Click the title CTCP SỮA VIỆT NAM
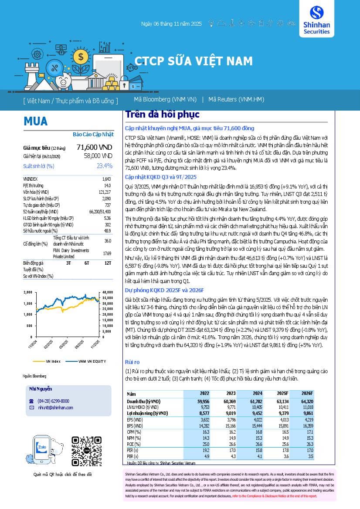(193, 61)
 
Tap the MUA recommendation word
(36, 121)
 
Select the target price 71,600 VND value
(94, 148)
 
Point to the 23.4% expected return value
(105, 166)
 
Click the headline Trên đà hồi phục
(162, 115)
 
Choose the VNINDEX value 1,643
(106, 179)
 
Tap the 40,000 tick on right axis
(107, 293)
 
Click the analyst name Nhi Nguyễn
(41, 388)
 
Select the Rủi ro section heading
(132, 362)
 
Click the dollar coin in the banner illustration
(80, 56)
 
